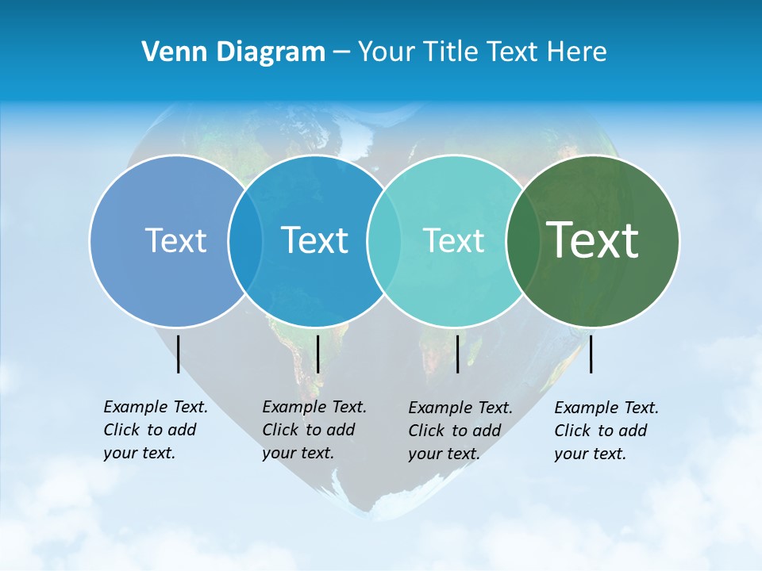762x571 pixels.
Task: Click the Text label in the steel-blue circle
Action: click(175, 240)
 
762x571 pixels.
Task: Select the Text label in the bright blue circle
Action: click(314, 240)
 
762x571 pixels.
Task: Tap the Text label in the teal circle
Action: click(453, 240)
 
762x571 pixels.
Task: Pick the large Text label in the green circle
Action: click(593, 240)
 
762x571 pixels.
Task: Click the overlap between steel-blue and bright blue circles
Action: click(245, 240)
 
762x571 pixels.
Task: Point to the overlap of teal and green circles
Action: click(523, 240)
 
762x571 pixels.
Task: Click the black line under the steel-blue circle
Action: click(179, 354)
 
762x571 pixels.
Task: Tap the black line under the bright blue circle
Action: click(317, 354)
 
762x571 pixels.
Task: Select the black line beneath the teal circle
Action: click(457, 354)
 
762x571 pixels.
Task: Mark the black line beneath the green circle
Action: click(591, 354)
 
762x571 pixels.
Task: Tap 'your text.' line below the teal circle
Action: click(444, 454)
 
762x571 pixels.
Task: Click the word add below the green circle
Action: click(633, 431)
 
